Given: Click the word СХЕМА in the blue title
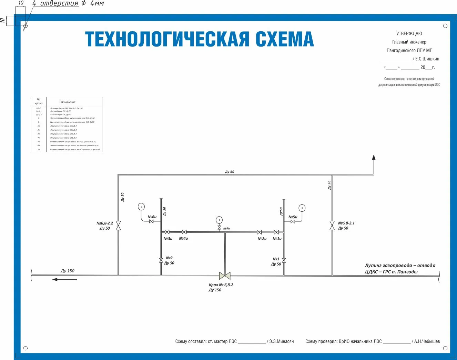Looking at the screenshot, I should point(285,39).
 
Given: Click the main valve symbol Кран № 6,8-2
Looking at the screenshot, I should point(225,276).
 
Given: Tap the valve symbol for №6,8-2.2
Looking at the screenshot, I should point(118,226).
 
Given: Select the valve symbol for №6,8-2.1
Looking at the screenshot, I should point(332,226).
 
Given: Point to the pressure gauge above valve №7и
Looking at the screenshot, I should point(219,220).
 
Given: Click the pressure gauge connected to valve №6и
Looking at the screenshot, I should point(141,207).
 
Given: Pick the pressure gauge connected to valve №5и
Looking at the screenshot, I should point(302,208).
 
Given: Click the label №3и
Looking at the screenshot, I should point(168,239).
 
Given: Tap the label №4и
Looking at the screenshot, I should point(183,239).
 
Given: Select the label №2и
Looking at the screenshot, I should point(262,239).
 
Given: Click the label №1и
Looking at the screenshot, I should point(277,239).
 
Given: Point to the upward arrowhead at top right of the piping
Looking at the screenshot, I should point(374,158).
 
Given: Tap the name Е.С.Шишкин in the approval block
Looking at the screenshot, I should point(427,59).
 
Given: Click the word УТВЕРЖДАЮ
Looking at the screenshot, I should point(409,33).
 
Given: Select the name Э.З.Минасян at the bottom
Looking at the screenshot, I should point(281,341).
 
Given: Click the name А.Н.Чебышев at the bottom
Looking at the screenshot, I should point(427,341).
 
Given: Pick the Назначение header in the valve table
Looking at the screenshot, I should point(67,102).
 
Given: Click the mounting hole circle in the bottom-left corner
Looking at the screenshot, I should point(25,348).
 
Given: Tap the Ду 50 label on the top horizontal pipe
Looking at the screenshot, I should point(230,172).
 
